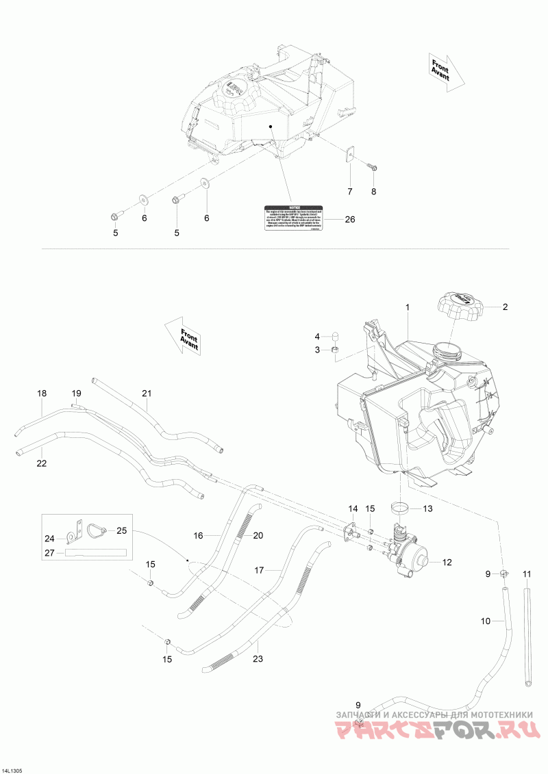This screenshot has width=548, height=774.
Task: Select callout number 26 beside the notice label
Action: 350,220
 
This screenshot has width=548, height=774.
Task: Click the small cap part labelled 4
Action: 337,335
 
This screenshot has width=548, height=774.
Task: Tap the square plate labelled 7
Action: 349,155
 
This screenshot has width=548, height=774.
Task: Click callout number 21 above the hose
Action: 146,393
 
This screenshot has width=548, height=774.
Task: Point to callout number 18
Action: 42,394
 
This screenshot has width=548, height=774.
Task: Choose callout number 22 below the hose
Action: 42,463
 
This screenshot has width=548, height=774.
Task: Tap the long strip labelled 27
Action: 96,552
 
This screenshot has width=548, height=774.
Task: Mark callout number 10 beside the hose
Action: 486,621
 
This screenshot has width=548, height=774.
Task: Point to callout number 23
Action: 258,660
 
